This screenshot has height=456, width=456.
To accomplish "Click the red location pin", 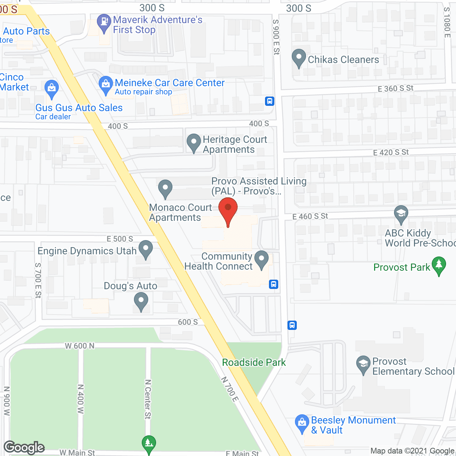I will pos(228,210).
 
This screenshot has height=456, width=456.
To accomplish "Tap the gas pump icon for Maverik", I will pos(104,22).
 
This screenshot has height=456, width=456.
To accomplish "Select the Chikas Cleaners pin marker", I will pos(299,57).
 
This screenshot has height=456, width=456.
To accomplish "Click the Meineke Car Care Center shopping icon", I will pos(105,85).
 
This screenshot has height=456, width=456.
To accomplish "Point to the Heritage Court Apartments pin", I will pos(193,142).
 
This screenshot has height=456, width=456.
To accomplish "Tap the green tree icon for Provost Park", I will pos(439,265).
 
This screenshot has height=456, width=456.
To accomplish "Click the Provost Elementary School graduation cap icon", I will pos(363,364).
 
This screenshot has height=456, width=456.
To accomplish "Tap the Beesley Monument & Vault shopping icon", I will pos(302,423).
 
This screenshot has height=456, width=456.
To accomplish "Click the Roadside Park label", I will pos(254,362).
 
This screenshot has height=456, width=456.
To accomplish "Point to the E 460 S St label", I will pos(310,216).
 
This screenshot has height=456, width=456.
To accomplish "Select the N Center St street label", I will pos(148,399).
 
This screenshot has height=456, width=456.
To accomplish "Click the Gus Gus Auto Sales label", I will pos(79,108).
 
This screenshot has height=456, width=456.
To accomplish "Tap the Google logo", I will pos(24,447).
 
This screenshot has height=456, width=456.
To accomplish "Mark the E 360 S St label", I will pos(395,88).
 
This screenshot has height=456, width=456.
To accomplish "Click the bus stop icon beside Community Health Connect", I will pos(274,284).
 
